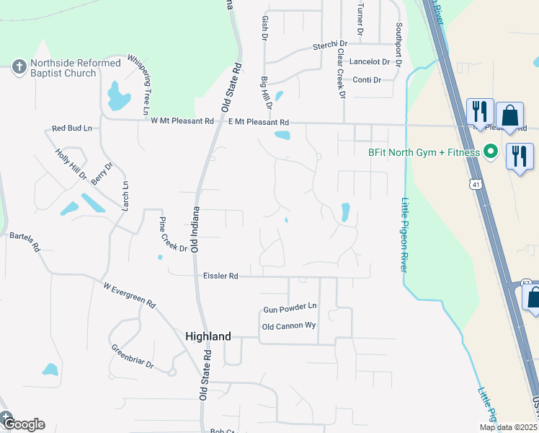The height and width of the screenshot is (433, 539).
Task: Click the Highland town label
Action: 208,336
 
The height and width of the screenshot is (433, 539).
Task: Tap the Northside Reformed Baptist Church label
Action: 74,69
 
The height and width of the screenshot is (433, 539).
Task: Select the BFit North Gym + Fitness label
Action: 422,152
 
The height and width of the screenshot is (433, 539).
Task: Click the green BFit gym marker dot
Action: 491,152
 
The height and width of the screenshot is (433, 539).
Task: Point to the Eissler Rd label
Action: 220,276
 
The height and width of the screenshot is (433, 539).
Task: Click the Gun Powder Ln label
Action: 290,307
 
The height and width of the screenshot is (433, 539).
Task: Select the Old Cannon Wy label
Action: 289,326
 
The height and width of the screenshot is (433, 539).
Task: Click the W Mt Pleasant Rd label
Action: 183,121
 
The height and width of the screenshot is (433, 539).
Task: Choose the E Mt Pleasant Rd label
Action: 258,123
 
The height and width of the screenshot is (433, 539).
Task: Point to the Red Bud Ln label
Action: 72,128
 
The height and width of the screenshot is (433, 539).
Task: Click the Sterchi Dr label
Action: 329,45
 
